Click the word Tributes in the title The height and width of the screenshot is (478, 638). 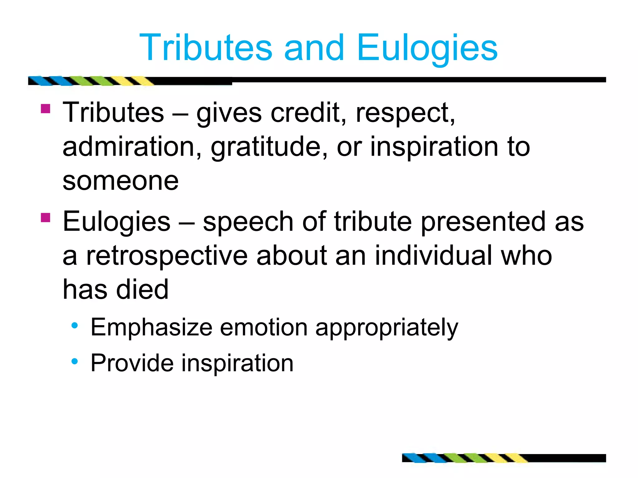pos(206,48)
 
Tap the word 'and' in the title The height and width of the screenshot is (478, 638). pos(314,48)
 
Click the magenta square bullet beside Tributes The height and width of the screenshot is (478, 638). pos(45,109)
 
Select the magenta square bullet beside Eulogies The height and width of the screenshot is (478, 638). pos(45,217)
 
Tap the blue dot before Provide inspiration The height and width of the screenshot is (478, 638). pos(74,361)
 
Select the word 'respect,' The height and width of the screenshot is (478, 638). pos(405,113)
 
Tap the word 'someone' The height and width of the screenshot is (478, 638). pos(121,181)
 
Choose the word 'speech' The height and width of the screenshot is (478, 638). pos(248,222)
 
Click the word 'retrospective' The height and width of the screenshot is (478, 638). pos(167,256)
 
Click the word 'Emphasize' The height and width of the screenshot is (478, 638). pos(151,327)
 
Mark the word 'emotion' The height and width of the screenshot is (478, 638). pos(264,327)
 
